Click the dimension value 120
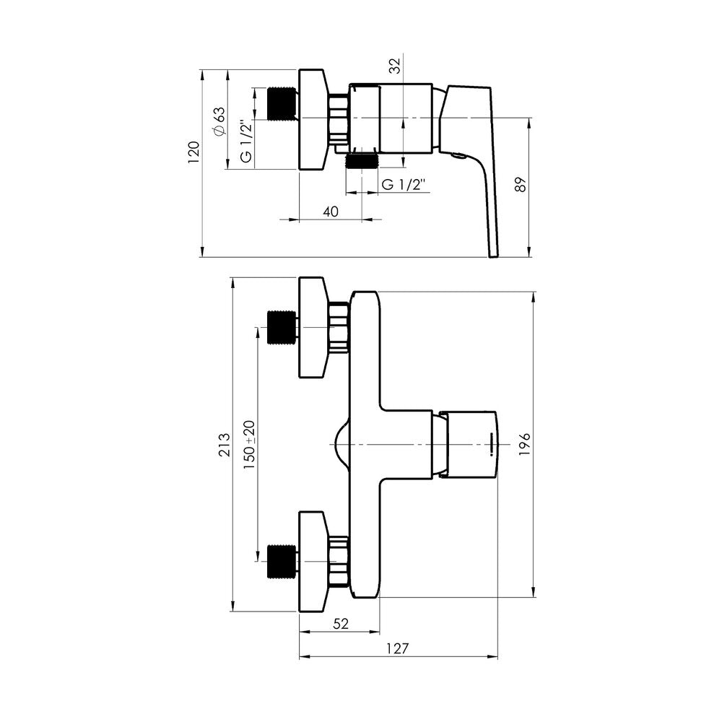(193, 152)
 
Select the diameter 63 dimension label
(219, 121)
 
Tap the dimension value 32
(395, 66)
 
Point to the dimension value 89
(521, 185)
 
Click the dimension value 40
(331, 212)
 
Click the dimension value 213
(225, 444)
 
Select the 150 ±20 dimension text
(249, 444)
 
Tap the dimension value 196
(524, 444)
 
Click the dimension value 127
(397, 648)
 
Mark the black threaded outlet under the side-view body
(362, 161)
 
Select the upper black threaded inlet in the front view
(282, 327)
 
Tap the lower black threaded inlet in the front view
(282, 561)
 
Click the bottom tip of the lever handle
(493, 256)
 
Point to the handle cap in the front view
(470, 444)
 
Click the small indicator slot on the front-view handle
(491, 444)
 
